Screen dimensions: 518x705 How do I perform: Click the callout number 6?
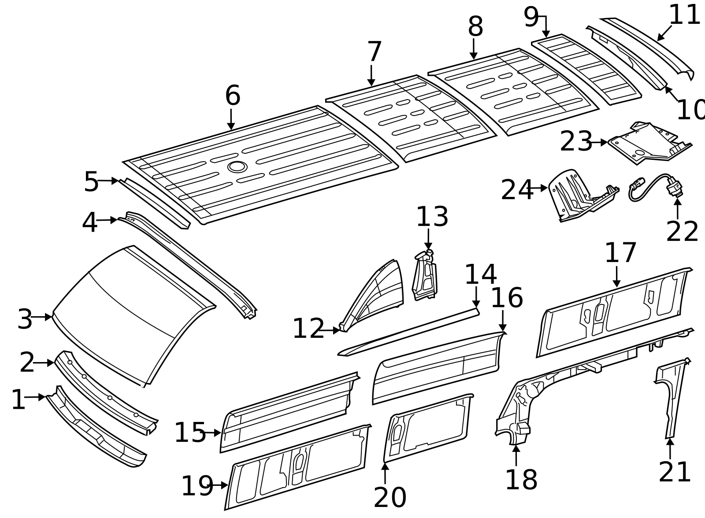233,96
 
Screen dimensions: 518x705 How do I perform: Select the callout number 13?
432,217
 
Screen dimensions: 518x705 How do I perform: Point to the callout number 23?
576,142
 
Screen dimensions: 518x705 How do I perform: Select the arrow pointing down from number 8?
474,49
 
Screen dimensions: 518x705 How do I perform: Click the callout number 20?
390,498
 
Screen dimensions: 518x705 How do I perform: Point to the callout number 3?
25,319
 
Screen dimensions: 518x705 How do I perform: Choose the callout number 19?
197,486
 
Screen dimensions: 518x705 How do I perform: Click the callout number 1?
18,400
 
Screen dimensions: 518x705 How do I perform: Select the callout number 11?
684,15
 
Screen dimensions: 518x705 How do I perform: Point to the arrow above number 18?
516,455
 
